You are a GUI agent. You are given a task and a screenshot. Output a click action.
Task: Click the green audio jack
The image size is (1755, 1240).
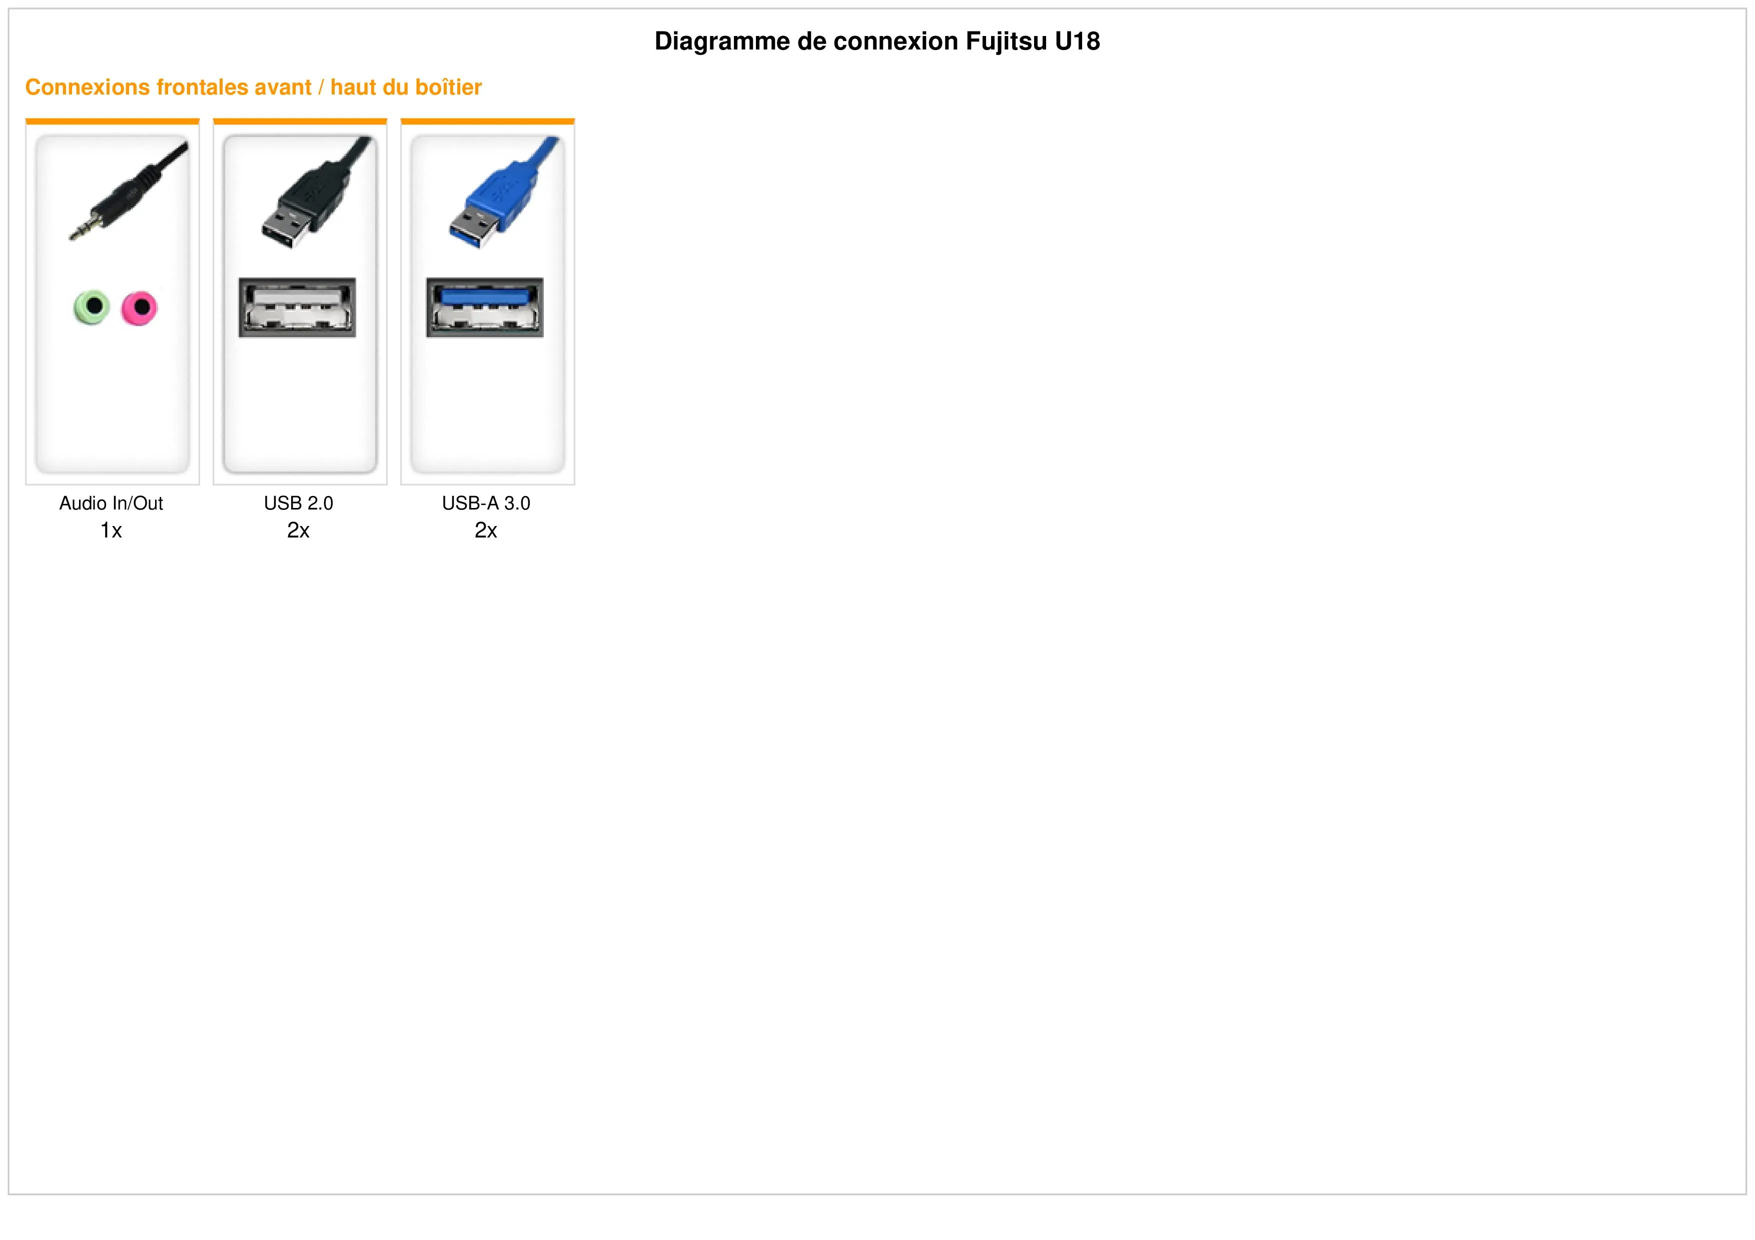(92, 307)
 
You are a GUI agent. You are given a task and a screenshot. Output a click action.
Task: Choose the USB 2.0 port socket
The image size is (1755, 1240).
(297, 307)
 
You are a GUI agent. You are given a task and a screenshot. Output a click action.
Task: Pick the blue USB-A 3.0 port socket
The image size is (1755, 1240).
(485, 307)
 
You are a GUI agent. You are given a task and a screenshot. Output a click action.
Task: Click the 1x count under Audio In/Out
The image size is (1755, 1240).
(112, 530)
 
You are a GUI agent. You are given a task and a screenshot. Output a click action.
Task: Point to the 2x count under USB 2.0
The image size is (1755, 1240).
(299, 530)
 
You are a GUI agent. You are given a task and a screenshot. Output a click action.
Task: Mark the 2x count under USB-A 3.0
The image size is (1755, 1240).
(486, 530)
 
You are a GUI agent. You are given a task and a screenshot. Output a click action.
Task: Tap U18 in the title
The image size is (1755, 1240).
(1078, 41)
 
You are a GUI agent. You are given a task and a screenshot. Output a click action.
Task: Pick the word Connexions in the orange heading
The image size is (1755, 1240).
(88, 87)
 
